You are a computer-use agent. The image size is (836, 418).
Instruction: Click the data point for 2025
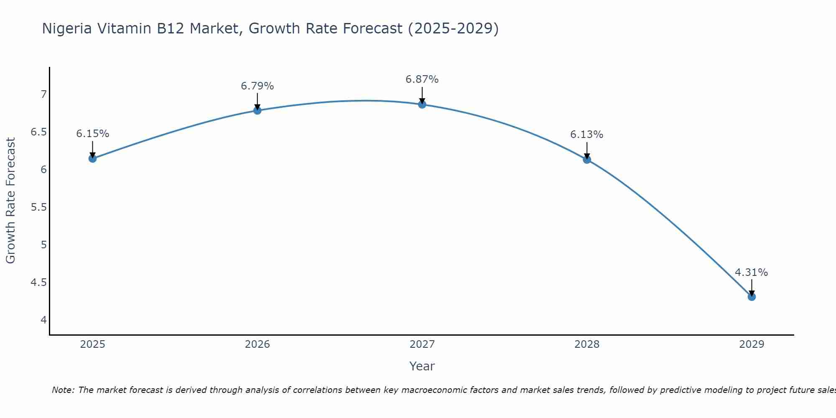93,158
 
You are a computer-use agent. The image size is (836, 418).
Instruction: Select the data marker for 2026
257,110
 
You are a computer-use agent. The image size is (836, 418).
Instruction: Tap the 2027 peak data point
422,104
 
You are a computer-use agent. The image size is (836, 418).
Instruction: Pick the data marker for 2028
587,159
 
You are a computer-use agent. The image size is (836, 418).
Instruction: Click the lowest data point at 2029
752,297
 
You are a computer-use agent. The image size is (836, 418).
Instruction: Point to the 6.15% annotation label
93,134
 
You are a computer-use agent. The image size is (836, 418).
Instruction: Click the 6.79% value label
257,86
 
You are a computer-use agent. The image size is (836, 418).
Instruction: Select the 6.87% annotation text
422,79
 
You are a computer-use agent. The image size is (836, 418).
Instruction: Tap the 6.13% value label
587,135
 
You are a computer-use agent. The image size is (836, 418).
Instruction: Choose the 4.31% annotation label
752,273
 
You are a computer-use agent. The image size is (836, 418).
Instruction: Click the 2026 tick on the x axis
257,344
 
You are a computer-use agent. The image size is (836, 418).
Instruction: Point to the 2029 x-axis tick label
752,344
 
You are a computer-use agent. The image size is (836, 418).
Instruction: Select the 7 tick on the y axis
43,94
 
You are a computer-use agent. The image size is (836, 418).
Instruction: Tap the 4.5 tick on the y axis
38,283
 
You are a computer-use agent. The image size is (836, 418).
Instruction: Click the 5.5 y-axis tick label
38,207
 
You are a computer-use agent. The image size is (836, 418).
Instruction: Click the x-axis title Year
422,366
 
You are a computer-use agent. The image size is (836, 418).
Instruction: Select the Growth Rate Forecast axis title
11,201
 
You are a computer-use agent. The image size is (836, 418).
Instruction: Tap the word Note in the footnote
63,390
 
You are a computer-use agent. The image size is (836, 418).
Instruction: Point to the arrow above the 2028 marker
587,150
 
